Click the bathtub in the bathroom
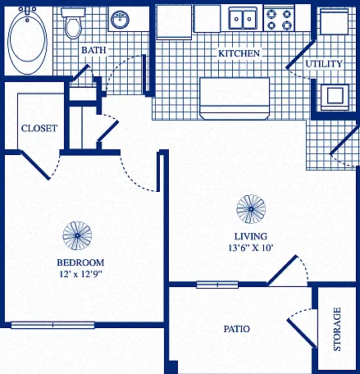(27, 40)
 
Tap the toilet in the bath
(73, 23)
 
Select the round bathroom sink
(120, 20)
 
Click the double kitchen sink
(243, 18)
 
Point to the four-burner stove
(279, 19)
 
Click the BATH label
(93, 50)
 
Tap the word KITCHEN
(239, 53)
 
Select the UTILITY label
(324, 64)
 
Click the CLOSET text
(39, 128)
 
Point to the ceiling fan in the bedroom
(77, 235)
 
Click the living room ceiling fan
(251, 209)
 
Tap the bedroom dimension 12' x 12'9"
(80, 274)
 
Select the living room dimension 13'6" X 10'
(251, 248)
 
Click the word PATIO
(237, 329)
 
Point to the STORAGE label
(337, 330)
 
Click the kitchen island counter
(235, 98)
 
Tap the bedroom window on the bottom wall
(52, 325)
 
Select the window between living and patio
(217, 285)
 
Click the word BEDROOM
(80, 262)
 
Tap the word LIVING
(251, 236)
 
